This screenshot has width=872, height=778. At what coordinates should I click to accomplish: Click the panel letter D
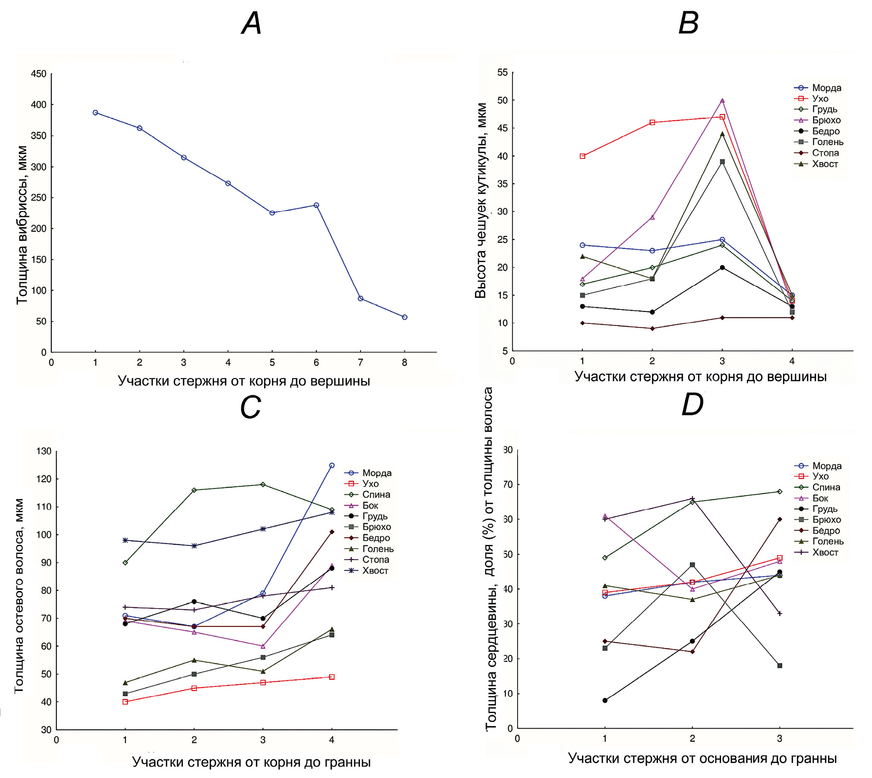click(692, 404)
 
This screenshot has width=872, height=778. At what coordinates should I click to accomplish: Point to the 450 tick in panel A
click(38, 74)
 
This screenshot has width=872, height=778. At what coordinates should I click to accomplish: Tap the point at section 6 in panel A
click(316, 205)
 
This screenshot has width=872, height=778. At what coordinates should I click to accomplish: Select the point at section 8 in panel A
click(405, 317)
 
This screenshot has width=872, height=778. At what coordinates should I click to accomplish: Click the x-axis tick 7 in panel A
click(360, 363)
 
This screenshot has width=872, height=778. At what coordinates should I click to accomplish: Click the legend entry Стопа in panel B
click(825, 153)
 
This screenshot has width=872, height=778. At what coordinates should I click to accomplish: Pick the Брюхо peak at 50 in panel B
click(723, 100)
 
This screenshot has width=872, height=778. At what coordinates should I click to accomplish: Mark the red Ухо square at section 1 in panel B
click(582, 156)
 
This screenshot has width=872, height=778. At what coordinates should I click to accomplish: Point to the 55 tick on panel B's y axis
click(502, 73)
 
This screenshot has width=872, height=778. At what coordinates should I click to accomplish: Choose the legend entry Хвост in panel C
click(375, 571)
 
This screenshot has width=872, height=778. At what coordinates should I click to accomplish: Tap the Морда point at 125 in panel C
click(332, 465)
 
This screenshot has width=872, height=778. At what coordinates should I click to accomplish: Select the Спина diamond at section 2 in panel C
click(194, 490)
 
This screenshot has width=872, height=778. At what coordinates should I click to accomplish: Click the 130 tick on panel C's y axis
click(44, 451)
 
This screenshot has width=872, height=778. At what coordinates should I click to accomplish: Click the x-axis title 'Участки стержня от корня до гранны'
click(251, 762)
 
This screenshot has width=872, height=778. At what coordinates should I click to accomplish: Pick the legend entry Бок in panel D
click(820, 498)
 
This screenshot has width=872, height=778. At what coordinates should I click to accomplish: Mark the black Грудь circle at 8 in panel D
click(605, 700)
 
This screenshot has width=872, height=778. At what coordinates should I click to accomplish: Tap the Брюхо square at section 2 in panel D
click(693, 565)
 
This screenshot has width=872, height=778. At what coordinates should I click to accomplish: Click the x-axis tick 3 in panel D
click(780, 738)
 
